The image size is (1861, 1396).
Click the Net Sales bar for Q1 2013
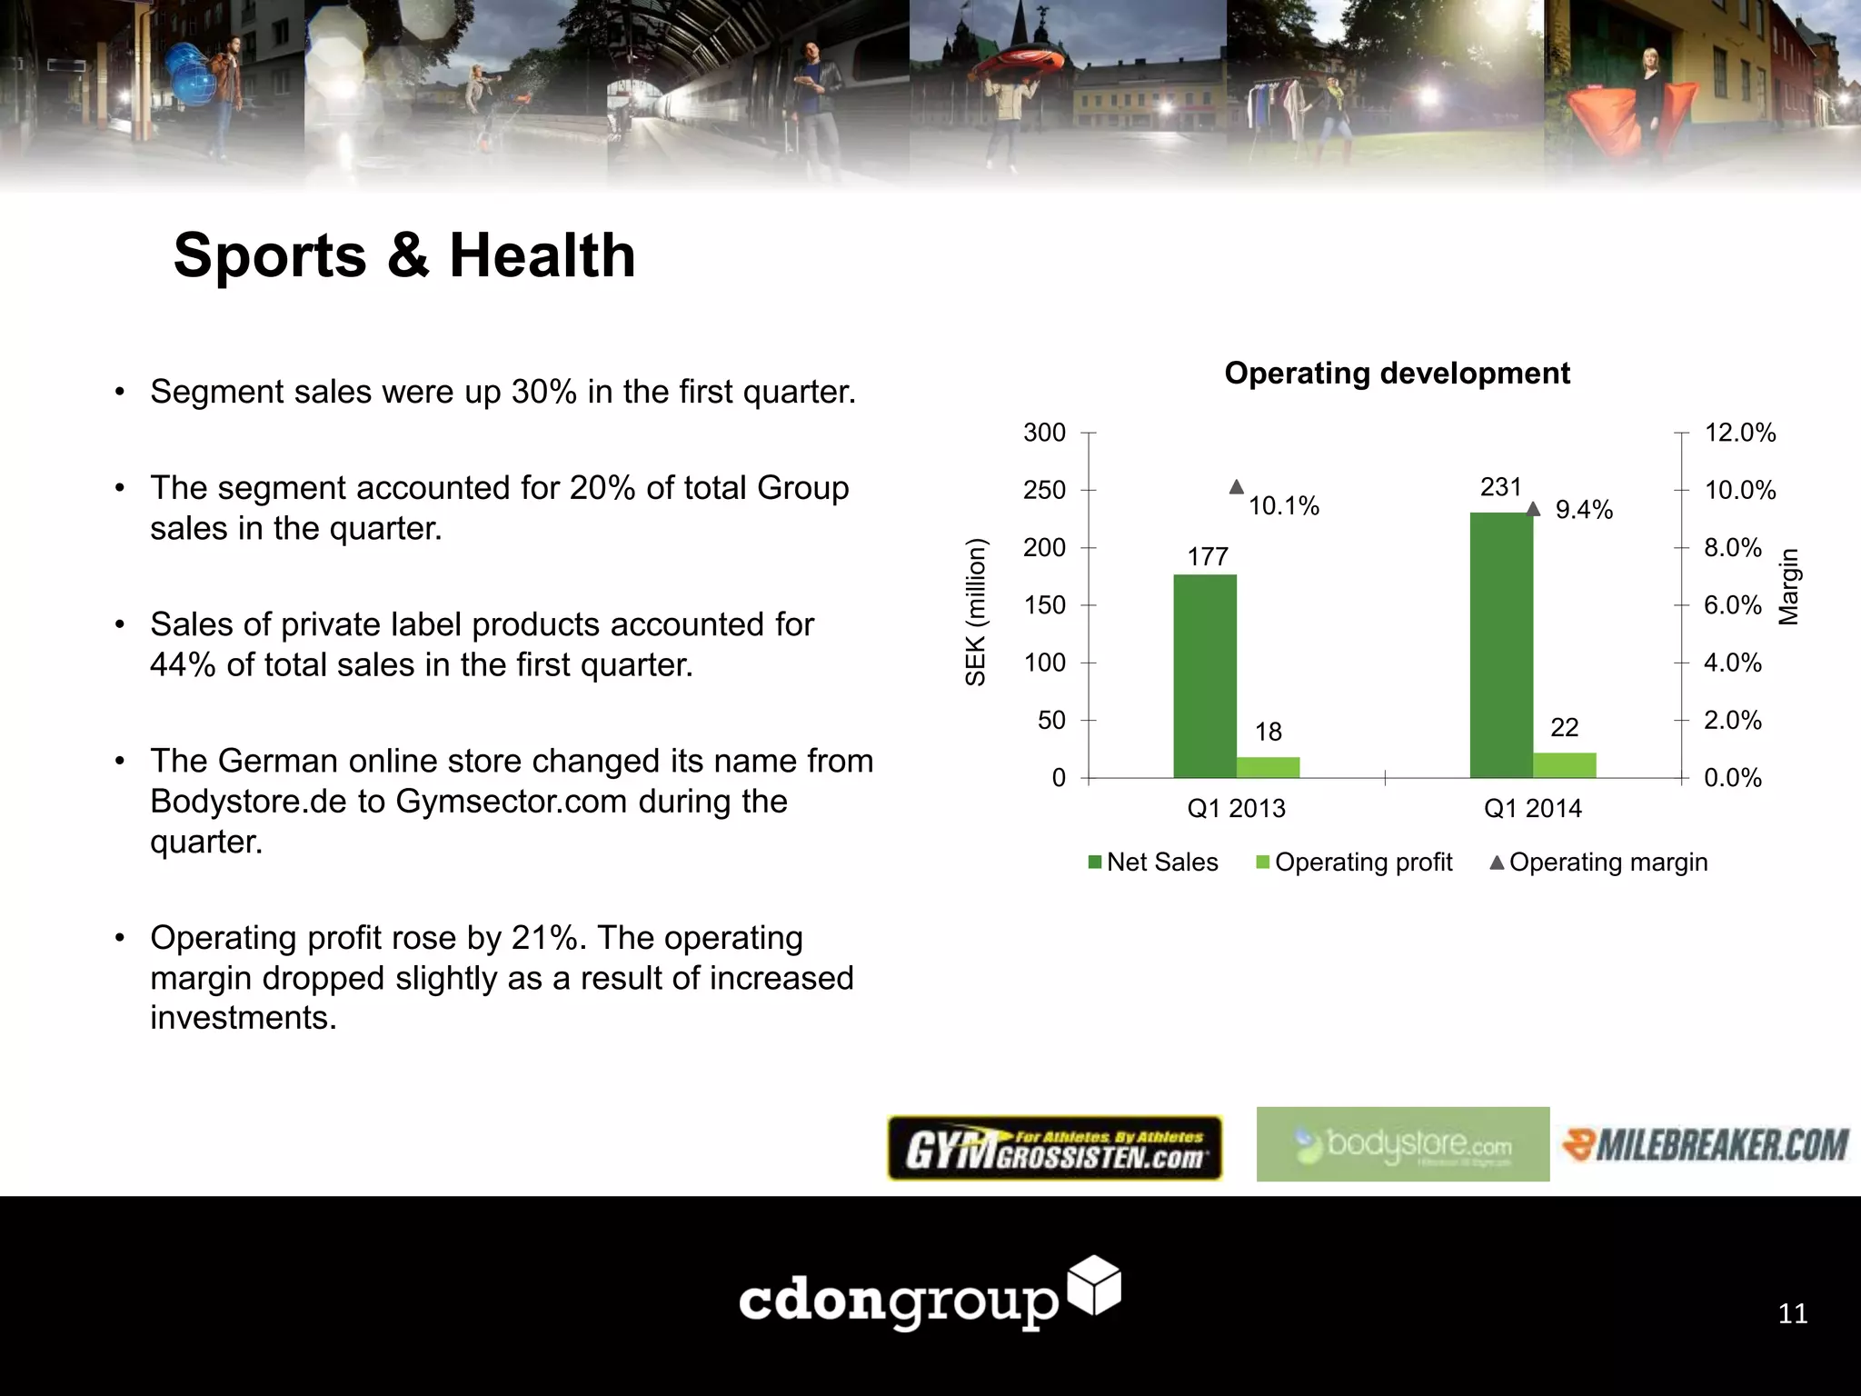pyautogui.click(x=1204, y=676)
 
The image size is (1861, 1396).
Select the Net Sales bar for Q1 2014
pyautogui.click(x=1500, y=645)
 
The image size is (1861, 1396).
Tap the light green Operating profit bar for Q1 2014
pyautogui.click(x=1564, y=765)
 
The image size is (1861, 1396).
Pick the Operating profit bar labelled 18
pyautogui.click(x=1268, y=767)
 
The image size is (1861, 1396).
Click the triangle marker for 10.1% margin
pyautogui.click(x=1236, y=487)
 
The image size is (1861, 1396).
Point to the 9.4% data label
pyautogui.click(x=1584, y=510)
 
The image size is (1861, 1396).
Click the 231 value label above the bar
pyautogui.click(x=1500, y=487)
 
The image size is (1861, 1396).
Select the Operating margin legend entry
pyautogui.click(x=1598, y=863)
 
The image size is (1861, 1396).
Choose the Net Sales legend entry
pyautogui.click(x=1153, y=863)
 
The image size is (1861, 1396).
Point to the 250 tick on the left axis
pyautogui.click(x=1044, y=490)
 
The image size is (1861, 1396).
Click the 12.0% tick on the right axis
pyautogui.click(x=1739, y=433)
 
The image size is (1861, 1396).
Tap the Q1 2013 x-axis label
pyautogui.click(x=1236, y=808)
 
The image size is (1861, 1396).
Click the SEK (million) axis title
pyautogui.click(x=975, y=612)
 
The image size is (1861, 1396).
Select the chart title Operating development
pyautogui.click(x=1397, y=374)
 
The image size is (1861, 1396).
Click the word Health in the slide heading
pyautogui.click(x=542, y=255)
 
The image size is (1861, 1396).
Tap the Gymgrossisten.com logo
pyautogui.click(x=1054, y=1148)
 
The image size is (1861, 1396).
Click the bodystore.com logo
pyautogui.click(x=1402, y=1144)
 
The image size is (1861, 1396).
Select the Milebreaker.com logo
pyautogui.click(x=1706, y=1144)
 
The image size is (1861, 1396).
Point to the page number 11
pyautogui.click(x=1792, y=1313)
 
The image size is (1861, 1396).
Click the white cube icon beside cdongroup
pyautogui.click(x=1094, y=1285)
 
